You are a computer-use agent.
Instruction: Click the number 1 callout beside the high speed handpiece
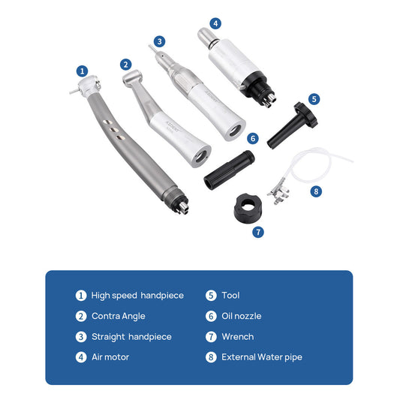(82, 71)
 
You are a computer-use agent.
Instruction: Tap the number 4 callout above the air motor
(216, 24)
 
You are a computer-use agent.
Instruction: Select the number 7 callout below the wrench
(258, 233)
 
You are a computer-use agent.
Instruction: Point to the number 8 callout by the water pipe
(316, 191)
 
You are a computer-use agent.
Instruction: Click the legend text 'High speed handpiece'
(137, 296)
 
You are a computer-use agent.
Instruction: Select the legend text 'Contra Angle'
(119, 316)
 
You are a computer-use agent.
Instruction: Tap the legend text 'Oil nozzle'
(242, 316)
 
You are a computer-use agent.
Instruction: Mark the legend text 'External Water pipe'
(262, 357)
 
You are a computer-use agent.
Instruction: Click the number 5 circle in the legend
(211, 296)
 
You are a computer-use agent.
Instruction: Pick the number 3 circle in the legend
(81, 337)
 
